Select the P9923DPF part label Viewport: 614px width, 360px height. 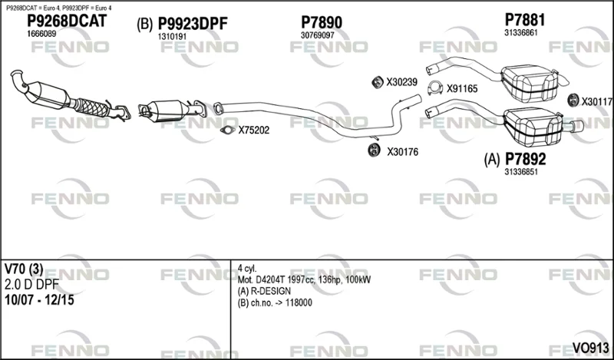[193, 25]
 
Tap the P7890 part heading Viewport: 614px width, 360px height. [321, 22]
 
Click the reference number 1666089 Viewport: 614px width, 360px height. [41, 35]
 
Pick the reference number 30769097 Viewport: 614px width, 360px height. [317, 35]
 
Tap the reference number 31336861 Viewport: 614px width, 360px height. [520, 32]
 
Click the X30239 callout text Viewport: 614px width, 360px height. [401, 82]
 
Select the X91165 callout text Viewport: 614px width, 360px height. [462, 88]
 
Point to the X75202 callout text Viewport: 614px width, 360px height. [254, 130]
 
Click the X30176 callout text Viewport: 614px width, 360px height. [402, 151]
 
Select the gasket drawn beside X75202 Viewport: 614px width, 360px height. [226, 130]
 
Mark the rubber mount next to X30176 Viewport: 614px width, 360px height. [375, 150]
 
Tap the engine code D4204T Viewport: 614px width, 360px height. [269, 280]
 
